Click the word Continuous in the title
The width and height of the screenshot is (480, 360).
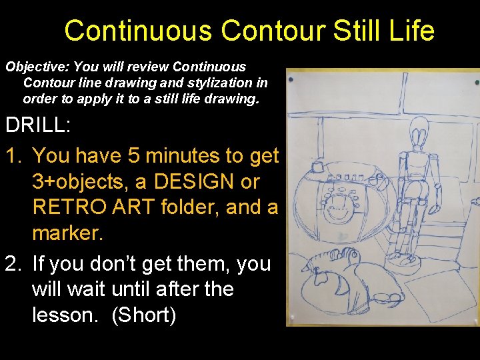[138, 31]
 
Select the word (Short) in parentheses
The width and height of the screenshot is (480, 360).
[143, 315]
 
